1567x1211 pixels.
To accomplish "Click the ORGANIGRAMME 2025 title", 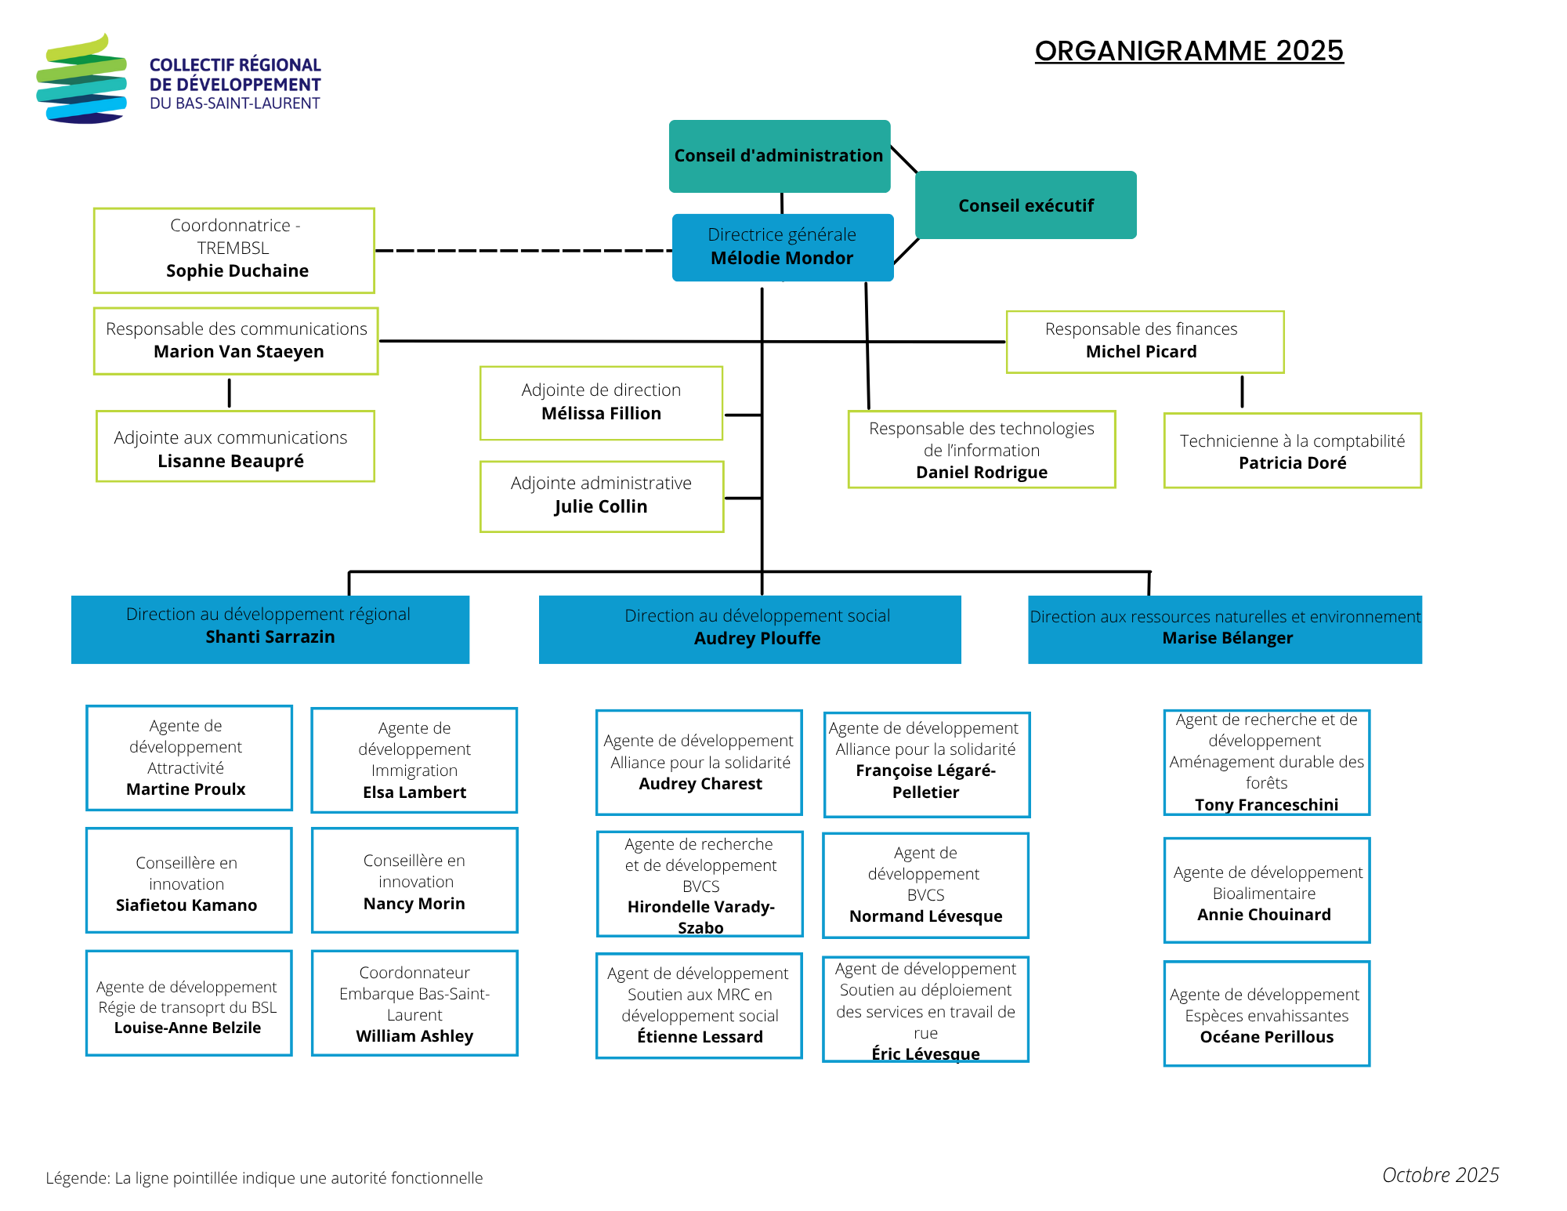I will (x=1189, y=51).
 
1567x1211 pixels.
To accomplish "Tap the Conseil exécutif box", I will (x=1026, y=205).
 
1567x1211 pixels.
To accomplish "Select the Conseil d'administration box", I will (x=779, y=155).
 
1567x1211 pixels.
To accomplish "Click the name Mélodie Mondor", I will (x=782, y=258).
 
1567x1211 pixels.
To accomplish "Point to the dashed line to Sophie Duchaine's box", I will (x=523, y=251).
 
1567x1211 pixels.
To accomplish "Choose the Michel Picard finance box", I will (x=1144, y=342).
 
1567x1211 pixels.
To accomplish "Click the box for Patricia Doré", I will (x=1292, y=451).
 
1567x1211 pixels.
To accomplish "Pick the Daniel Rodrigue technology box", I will (x=981, y=449).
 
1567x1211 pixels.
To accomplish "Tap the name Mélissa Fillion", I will (x=601, y=413).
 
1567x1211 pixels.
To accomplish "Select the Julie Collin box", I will (x=601, y=496).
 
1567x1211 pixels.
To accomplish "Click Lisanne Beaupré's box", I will (x=234, y=446).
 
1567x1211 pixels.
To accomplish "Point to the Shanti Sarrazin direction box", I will (x=270, y=629).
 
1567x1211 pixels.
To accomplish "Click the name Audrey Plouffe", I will (x=757, y=638).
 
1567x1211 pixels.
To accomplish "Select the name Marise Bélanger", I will (x=1227, y=638).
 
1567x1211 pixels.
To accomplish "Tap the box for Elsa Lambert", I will (x=414, y=760).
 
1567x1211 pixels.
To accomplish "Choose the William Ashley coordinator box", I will (x=414, y=1003).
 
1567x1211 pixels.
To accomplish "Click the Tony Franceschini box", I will (x=1266, y=762).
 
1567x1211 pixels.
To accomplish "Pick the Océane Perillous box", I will (x=1266, y=1013).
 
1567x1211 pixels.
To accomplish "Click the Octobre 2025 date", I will (x=1440, y=1175).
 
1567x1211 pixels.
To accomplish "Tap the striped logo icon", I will (x=81, y=79).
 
